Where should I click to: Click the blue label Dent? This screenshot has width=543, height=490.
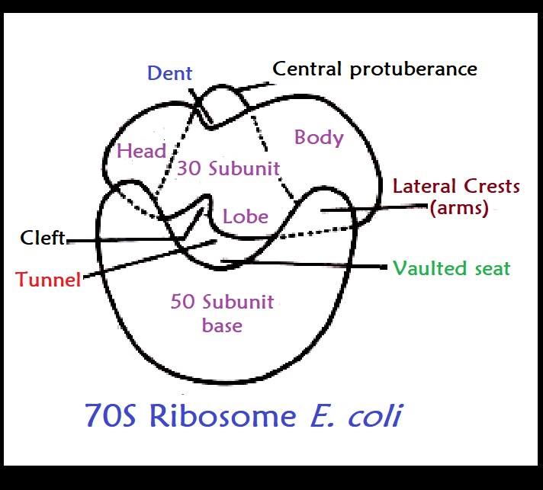tap(169, 73)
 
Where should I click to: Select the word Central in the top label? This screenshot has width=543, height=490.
tap(307, 69)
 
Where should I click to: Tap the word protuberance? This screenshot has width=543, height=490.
tap(413, 70)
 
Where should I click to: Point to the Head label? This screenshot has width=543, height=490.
tap(141, 151)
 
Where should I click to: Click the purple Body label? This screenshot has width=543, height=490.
tap(319, 137)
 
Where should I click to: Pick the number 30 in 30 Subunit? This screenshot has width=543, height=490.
tap(189, 168)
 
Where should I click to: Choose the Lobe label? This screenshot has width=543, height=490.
tap(245, 216)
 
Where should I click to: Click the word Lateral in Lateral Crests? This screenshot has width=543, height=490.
tap(424, 186)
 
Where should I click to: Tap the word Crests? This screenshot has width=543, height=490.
tap(492, 186)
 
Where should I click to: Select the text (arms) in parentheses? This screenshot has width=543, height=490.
tap(459, 208)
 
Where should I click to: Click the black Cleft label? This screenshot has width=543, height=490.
tap(43, 238)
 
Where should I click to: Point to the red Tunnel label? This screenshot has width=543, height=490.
tap(48, 279)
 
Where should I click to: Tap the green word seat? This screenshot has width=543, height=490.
tap(493, 269)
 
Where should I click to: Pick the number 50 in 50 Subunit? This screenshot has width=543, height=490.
tap(182, 302)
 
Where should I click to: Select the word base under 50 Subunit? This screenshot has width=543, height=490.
tap(222, 325)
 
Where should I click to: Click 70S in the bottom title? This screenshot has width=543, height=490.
tap(111, 415)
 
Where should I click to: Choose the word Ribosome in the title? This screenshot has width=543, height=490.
tap(223, 415)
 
